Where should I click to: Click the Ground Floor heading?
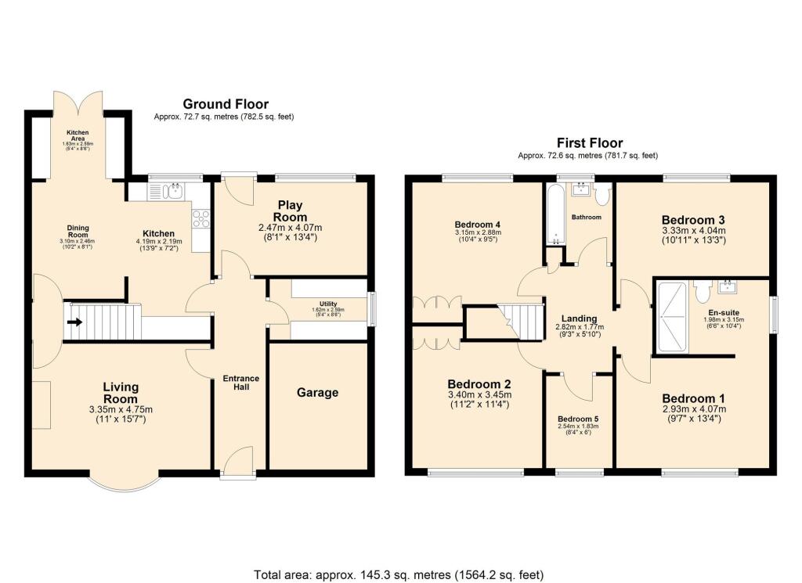click(x=226, y=104)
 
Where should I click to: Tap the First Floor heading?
click(x=590, y=143)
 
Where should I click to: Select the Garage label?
click(x=317, y=392)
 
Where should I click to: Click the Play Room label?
click(x=290, y=211)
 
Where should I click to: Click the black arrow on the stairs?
click(x=74, y=321)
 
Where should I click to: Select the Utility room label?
click(x=327, y=304)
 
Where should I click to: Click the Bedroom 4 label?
click(x=476, y=225)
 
